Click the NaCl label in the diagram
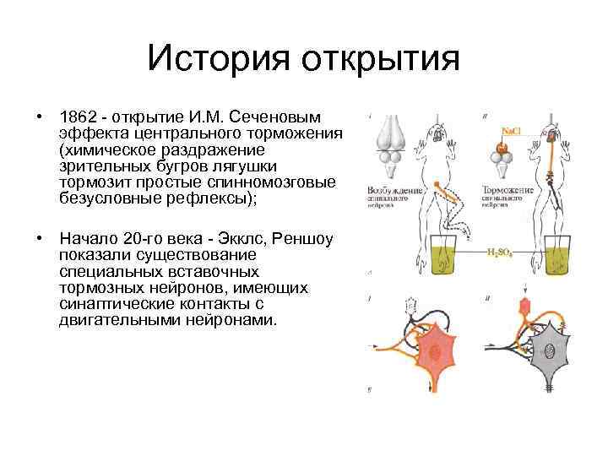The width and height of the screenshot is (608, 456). [x=512, y=131]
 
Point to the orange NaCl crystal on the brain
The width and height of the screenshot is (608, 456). [x=503, y=148]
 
